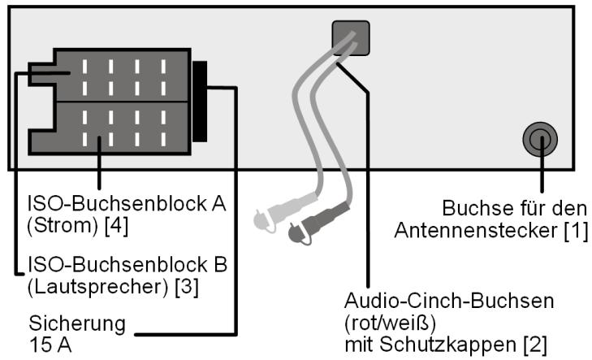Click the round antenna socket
tap(539, 141)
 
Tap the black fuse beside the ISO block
tap(200, 100)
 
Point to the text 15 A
tap(47, 343)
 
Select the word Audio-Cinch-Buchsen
tap(451, 301)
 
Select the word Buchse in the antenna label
tap(469, 209)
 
